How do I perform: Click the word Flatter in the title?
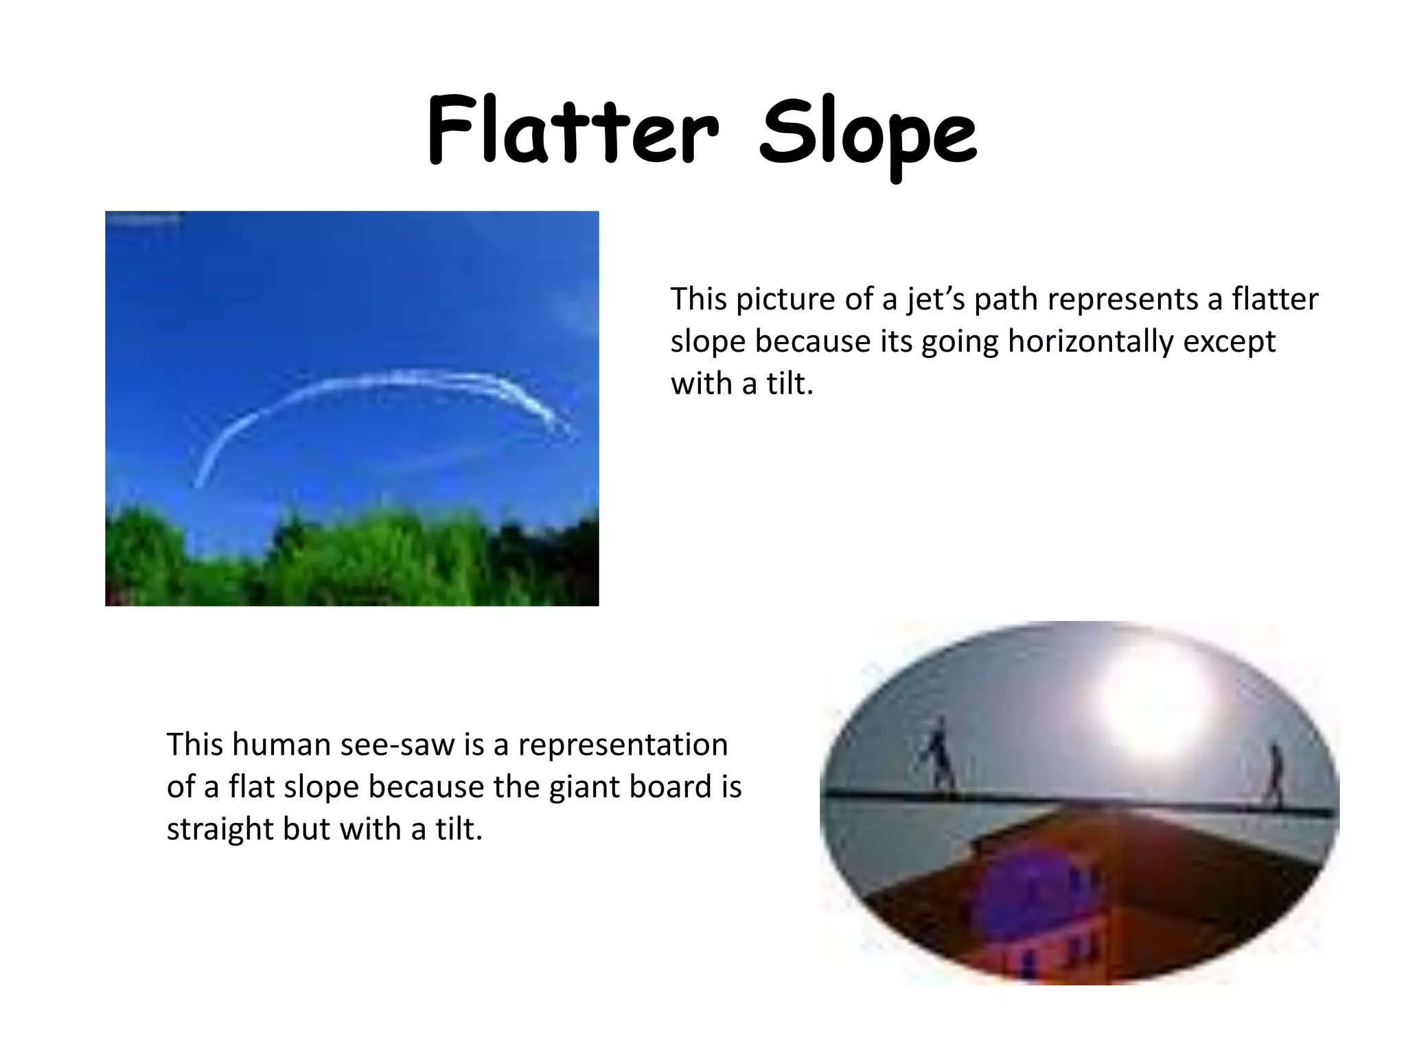tap(572, 131)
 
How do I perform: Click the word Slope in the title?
tap(868, 133)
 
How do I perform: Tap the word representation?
tap(623, 745)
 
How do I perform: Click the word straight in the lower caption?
tap(220, 829)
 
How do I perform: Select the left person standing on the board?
tap(938, 756)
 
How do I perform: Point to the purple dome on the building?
tap(1030, 893)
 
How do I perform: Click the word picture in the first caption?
tap(787, 300)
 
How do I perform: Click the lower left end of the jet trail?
tap(200, 483)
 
